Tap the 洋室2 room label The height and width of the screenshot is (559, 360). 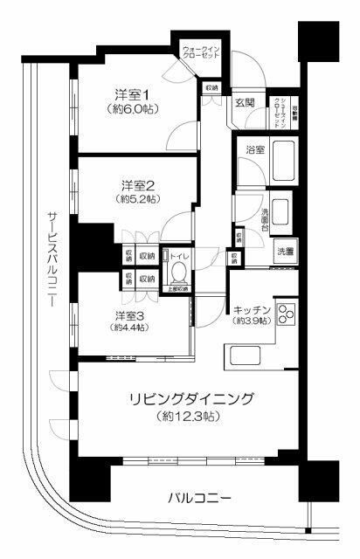coord(138,185)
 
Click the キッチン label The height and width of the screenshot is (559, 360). coord(252,308)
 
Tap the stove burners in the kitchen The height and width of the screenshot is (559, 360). coord(287,314)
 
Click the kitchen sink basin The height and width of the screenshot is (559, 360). coord(241,356)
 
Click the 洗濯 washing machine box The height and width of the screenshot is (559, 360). coord(286,251)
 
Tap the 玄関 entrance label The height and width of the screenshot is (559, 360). coord(244,103)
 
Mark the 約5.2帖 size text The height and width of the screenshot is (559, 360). coord(138,199)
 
